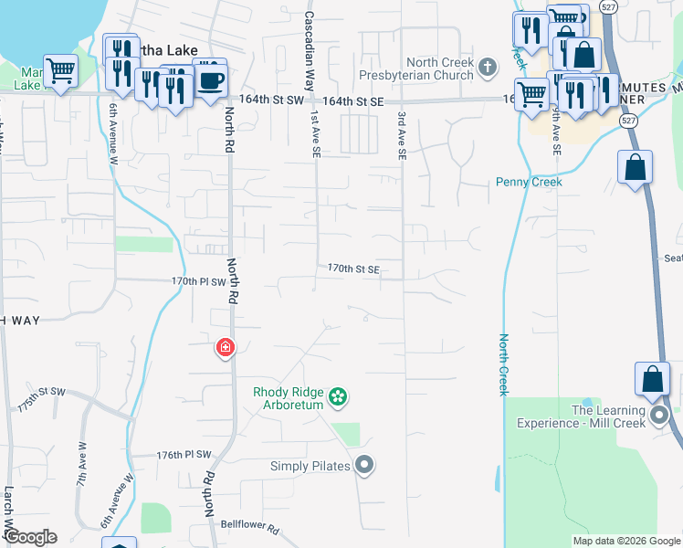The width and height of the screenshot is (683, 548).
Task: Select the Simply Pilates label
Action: (310, 466)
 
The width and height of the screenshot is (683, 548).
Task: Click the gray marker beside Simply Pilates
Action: (364, 466)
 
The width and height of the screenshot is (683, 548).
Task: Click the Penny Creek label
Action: (529, 182)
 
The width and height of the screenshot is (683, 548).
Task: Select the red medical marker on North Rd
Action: (225, 348)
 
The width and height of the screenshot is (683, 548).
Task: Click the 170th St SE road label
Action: (353, 269)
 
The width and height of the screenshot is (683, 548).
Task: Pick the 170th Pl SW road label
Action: (198, 281)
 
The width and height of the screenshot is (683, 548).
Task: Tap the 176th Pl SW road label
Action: (184, 454)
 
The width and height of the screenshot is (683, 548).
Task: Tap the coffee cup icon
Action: (211, 79)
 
